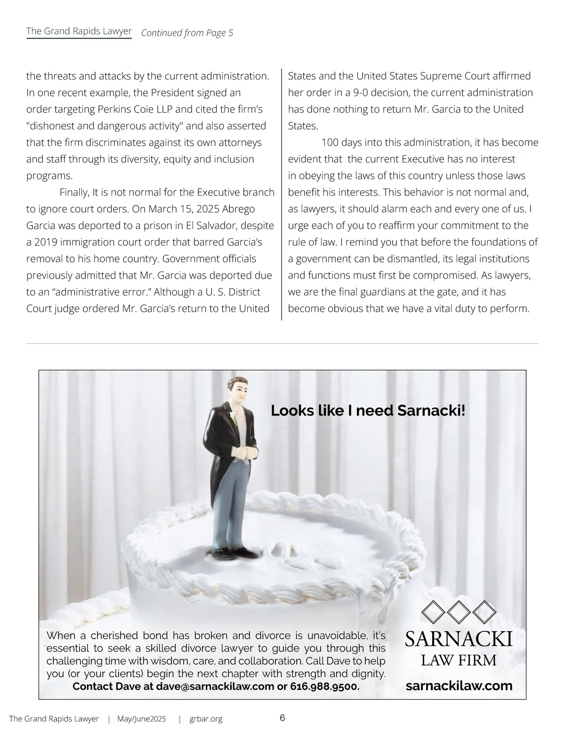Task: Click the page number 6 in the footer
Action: click(282, 718)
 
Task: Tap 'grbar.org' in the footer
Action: click(206, 719)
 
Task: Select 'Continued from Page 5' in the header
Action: click(187, 33)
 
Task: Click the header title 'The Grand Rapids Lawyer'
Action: click(79, 31)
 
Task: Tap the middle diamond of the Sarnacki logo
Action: click(459, 611)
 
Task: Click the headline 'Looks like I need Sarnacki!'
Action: click(368, 411)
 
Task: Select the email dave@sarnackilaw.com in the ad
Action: click(215, 686)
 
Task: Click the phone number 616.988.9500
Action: click(324, 686)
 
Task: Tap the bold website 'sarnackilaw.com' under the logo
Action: click(459, 685)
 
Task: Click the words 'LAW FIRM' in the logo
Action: click(459, 660)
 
